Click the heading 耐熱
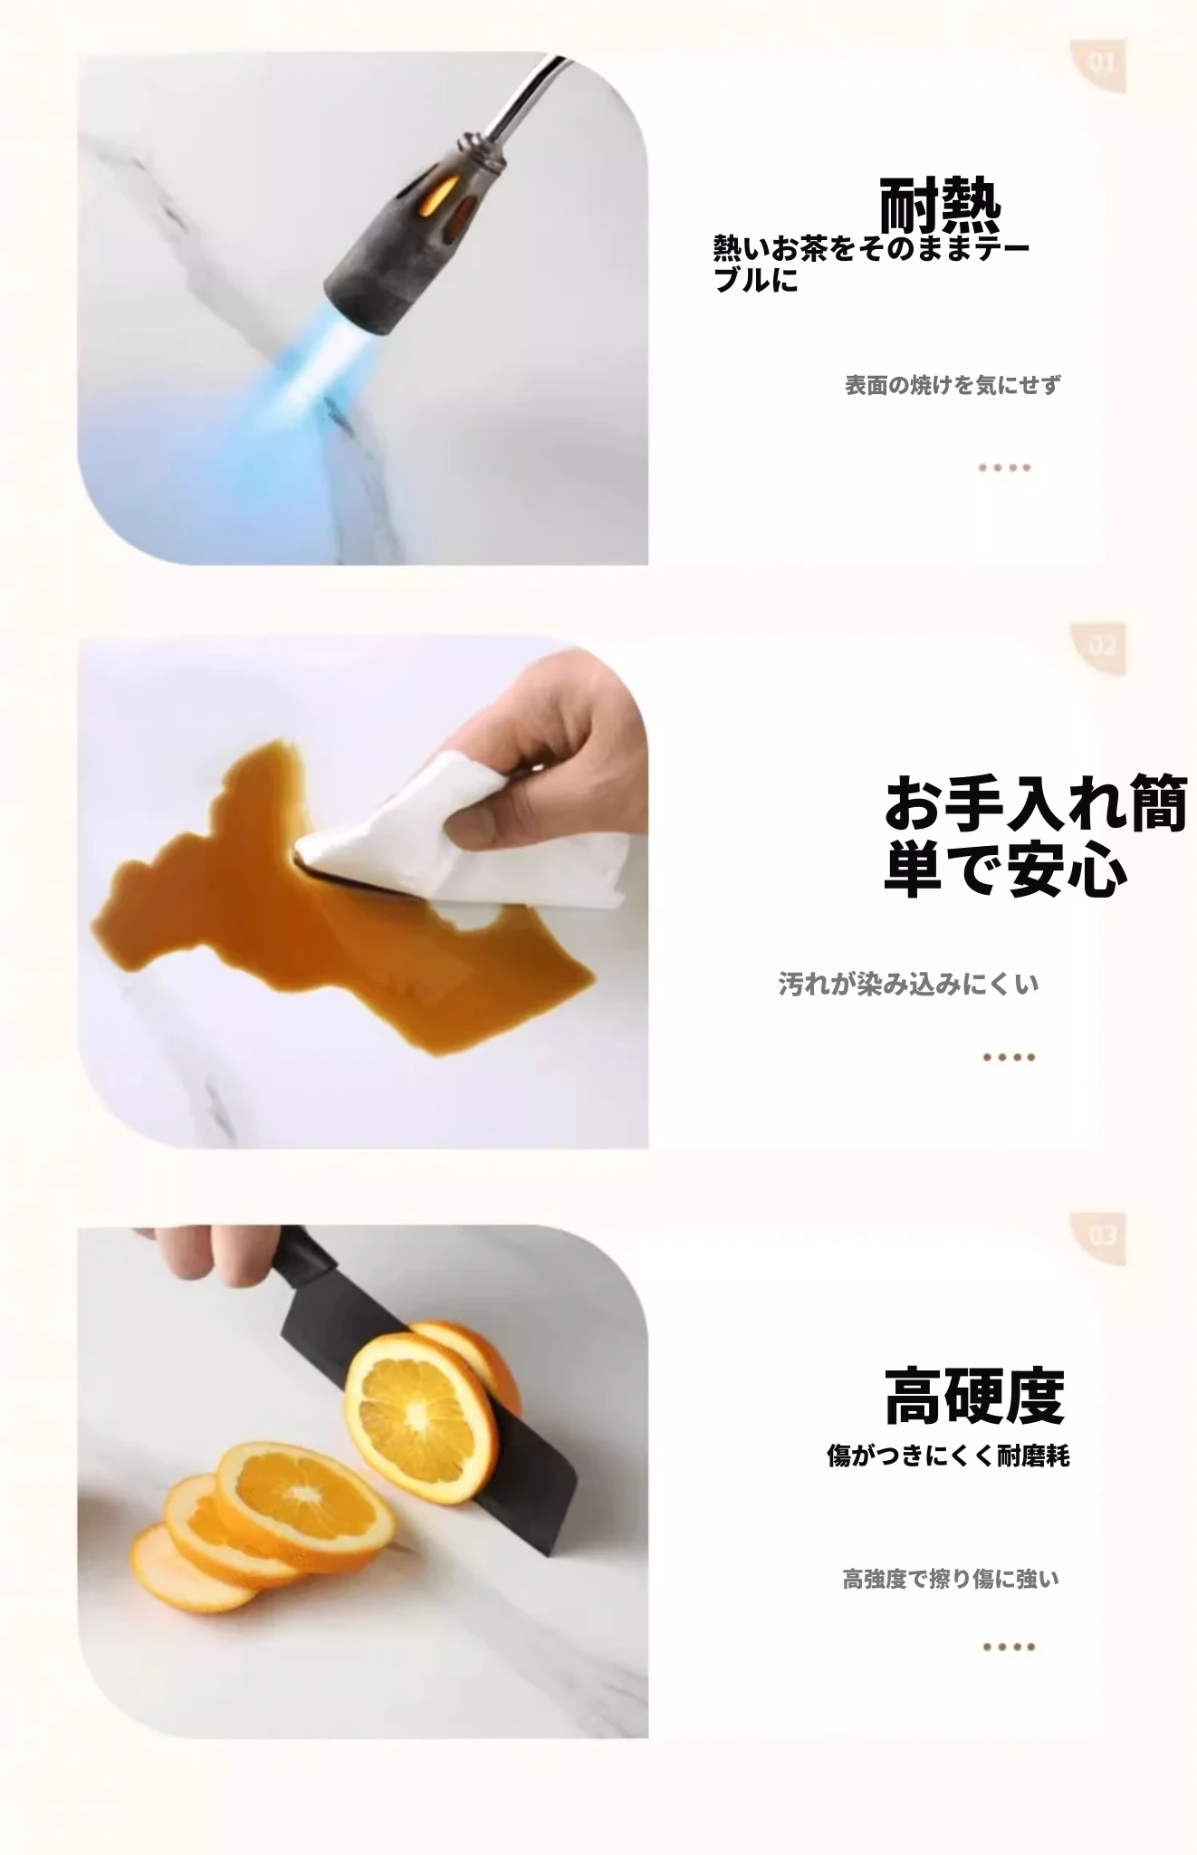tap(940, 206)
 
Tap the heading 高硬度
tap(974, 1396)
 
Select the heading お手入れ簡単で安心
tap(1035, 835)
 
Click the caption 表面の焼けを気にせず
tap(953, 385)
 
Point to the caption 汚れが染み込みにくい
tap(908, 984)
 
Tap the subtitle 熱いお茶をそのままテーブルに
tap(871, 264)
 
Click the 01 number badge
tap(1101, 64)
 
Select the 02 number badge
tap(1101, 648)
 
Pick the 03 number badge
tap(1101, 1236)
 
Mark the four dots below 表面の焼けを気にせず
tap(1004, 468)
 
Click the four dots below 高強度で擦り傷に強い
tap(1009, 1647)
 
